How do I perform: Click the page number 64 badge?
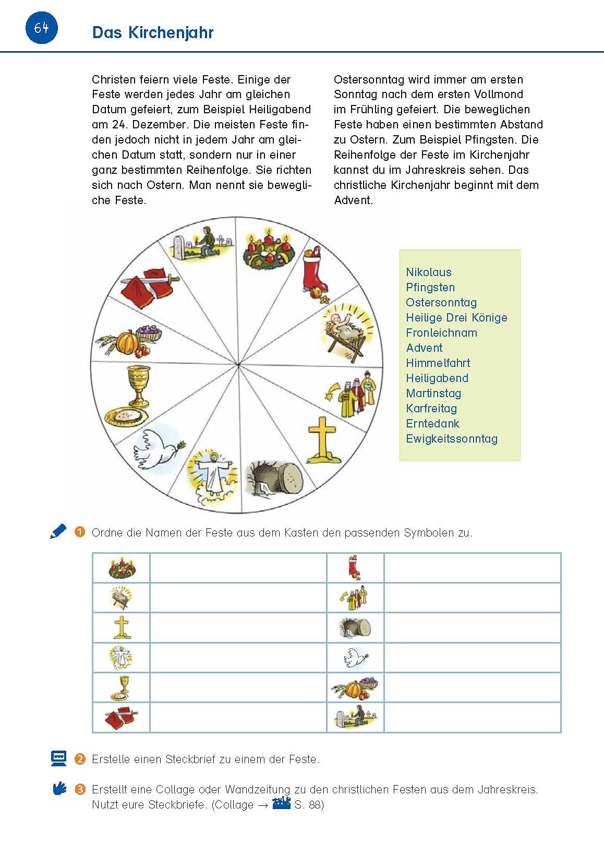click(x=41, y=28)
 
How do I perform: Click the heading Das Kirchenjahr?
click(x=152, y=32)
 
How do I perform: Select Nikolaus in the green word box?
click(x=428, y=272)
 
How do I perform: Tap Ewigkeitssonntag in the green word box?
click(x=451, y=438)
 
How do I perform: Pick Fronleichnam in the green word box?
click(x=441, y=332)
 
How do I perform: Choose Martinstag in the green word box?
click(x=433, y=393)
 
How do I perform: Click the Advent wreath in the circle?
click(x=269, y=250)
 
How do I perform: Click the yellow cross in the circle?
click(x=322, y=440)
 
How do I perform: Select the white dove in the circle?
click(x=157, y=449)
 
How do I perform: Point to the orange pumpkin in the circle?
click(x=127, y=342)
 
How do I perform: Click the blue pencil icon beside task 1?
click(x=58, y=531)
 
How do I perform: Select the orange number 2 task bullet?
click(x=80, y=759)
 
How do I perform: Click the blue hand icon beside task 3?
click(x=59, y=788)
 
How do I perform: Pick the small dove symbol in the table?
click(x=355, y=658)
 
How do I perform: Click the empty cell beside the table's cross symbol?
click(x=238, y=627)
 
